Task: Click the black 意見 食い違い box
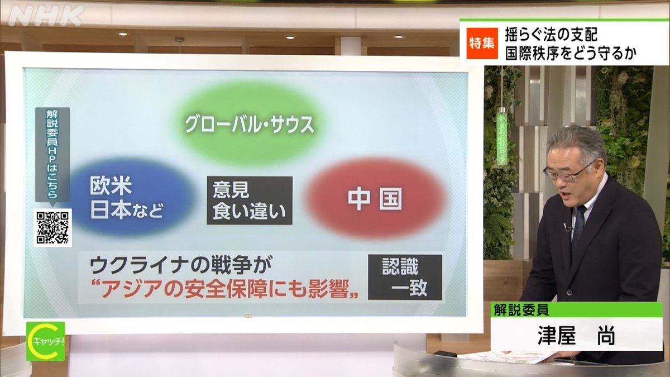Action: coord(249,200)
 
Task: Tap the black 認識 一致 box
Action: coord(405,277)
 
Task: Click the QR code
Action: coord(52,227)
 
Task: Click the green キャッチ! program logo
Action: coord(46,340)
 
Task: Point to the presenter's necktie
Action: coord(578,224)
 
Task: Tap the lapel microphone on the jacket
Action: coord(568,227)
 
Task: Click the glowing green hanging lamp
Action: coord(502,137)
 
